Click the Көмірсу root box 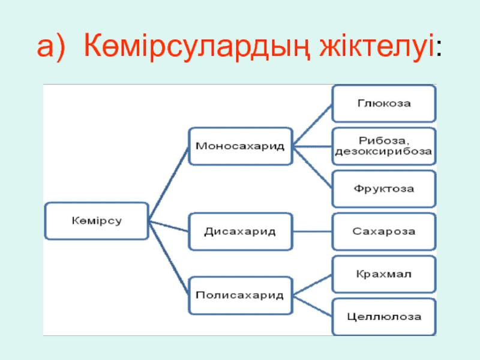(97, 220)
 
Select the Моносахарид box (240, 145)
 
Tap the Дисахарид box (240, 231)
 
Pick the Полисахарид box (240, 295)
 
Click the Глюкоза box (384, 103)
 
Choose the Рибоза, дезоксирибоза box (384, 146)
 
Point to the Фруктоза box (384, 188)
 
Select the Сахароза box (384, 230)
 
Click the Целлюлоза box (384, 316)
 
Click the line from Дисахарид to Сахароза (312, 231)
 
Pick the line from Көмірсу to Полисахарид (169, 259)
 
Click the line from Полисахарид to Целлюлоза (313, 305)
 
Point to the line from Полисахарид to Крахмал (313, 284)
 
